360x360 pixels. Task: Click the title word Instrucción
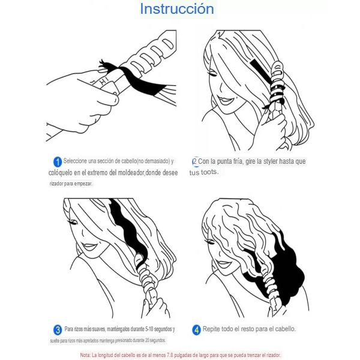coord(177,9)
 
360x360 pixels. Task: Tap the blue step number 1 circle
coord(58,161)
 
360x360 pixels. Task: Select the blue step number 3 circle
coord(58,330)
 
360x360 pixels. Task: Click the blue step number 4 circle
coord(196,330)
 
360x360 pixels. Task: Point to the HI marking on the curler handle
coord(104,81)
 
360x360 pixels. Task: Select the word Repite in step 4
coord(211,329)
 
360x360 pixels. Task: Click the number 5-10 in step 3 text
coord(149,329)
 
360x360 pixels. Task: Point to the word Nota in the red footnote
coord(85,355)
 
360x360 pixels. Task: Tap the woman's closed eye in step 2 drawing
coord(212,74)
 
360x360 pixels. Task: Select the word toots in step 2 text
coord(209,172)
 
